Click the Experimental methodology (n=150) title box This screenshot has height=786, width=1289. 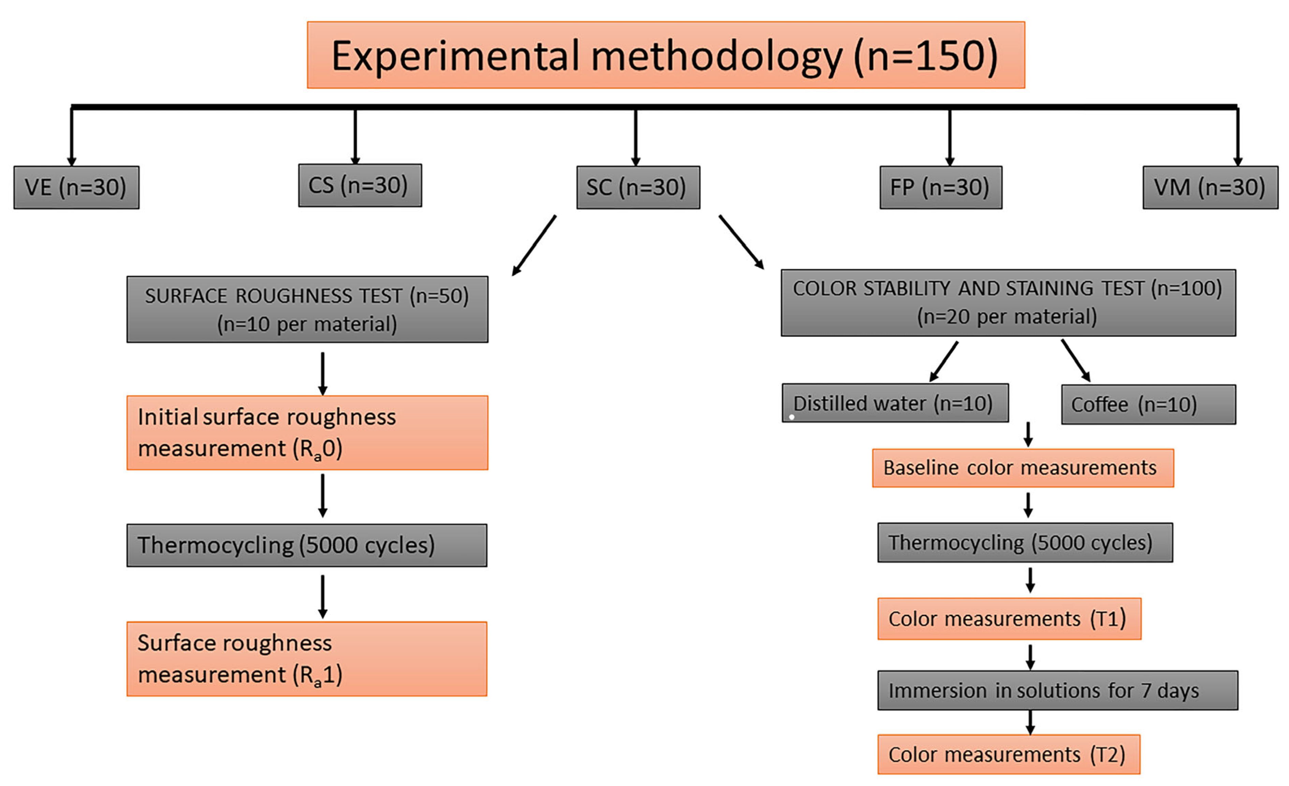coord(665,55)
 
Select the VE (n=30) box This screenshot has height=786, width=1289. coord(76,187)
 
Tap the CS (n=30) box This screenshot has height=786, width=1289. coord(360,185)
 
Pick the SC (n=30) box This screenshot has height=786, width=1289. coord(638,187)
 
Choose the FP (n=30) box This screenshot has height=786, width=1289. coord(941,187)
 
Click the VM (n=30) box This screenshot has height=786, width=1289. coord(1210,187)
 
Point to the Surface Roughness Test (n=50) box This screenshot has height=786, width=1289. coord(307,309)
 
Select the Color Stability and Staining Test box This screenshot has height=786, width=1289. coord(1008,303)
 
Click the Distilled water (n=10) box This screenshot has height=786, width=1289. coord(895,403)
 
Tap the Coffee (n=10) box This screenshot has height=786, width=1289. coord(1148,405)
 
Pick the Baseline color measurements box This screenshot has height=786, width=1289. coord(1023,468)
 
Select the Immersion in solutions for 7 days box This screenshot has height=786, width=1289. coord(1057,690)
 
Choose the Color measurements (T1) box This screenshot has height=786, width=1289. coord(1009,618)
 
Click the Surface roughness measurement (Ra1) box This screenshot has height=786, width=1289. coord(307,658)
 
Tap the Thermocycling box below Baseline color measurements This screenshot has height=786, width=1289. coord(1025,543)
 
